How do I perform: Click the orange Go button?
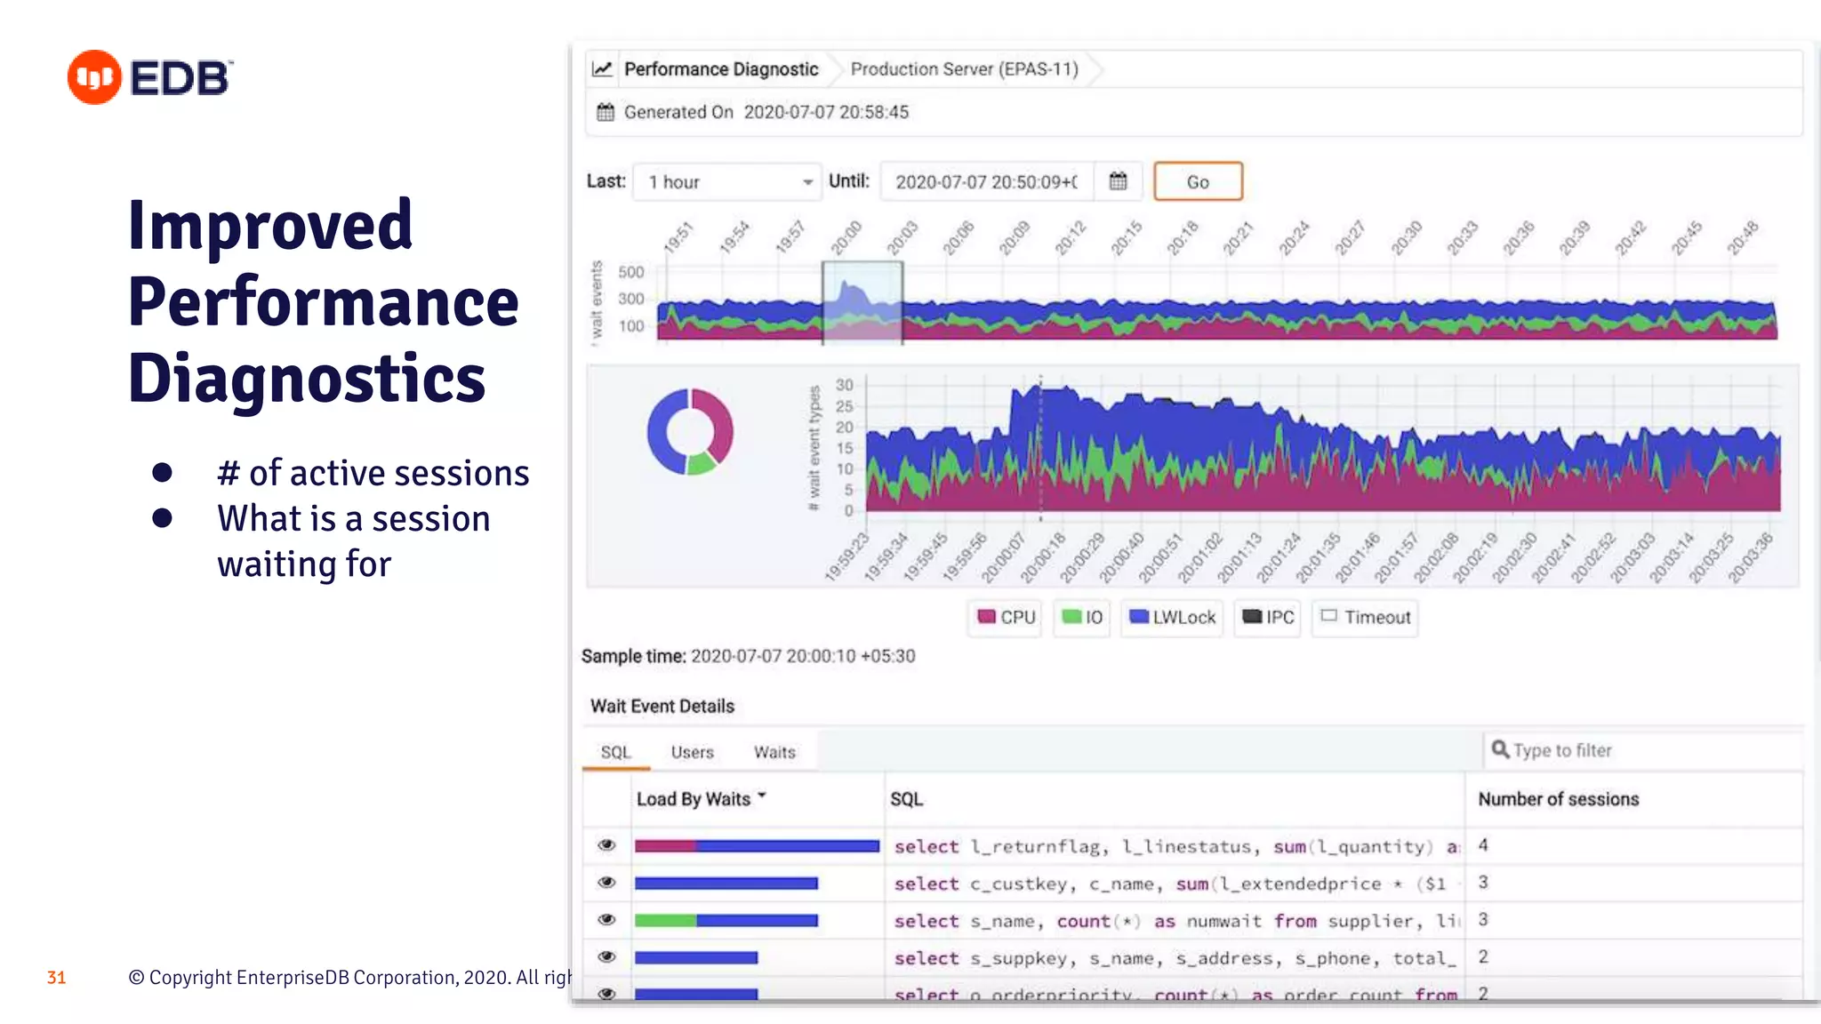[x=1197, y=181]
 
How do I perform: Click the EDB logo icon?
[x=94, y=77]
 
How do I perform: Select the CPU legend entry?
[x=1006, y=617]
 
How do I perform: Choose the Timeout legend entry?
[x=1366, y=617]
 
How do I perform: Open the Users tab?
[x=692, y=752]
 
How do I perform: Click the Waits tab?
[x=774, y=752]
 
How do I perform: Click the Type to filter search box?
[x=1645, y=750]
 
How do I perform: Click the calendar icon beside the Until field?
[x=1118, y=181]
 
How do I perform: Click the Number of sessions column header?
[x=1558, y=799]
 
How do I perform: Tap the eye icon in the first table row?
[x=606, y=845]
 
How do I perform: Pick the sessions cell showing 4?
[x=1483, y=845]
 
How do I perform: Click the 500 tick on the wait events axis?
[x=630, y=272]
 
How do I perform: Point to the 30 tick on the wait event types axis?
[x=844, y=385]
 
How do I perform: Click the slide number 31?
[x=56, y=978]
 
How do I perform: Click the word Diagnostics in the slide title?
[x=306, y=379]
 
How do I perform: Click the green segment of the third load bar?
[x=665, y=921]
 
